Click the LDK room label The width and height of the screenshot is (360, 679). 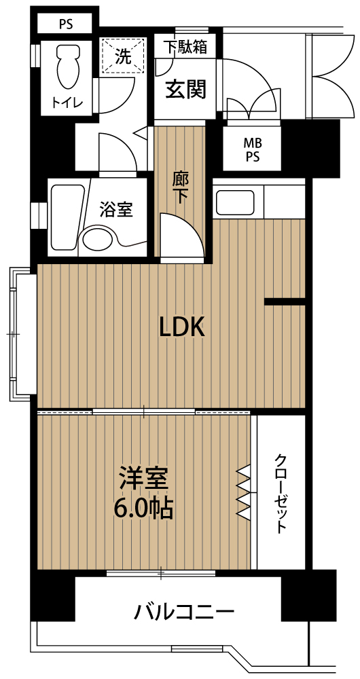click(182, 328)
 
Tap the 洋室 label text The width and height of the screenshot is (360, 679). click(143, 480)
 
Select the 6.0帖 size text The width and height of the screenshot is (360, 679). click(143, 508)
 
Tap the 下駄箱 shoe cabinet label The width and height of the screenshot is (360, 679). click(185, 48)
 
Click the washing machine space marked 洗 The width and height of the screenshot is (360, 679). click(122, 57)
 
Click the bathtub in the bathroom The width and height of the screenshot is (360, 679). click(67, 218)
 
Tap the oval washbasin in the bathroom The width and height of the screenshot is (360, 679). click(98, 239)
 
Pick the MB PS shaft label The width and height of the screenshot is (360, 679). click(252, 149)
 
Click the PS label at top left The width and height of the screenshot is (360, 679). click(67, 24)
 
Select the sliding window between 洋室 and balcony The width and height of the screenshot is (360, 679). click(161, 573)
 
